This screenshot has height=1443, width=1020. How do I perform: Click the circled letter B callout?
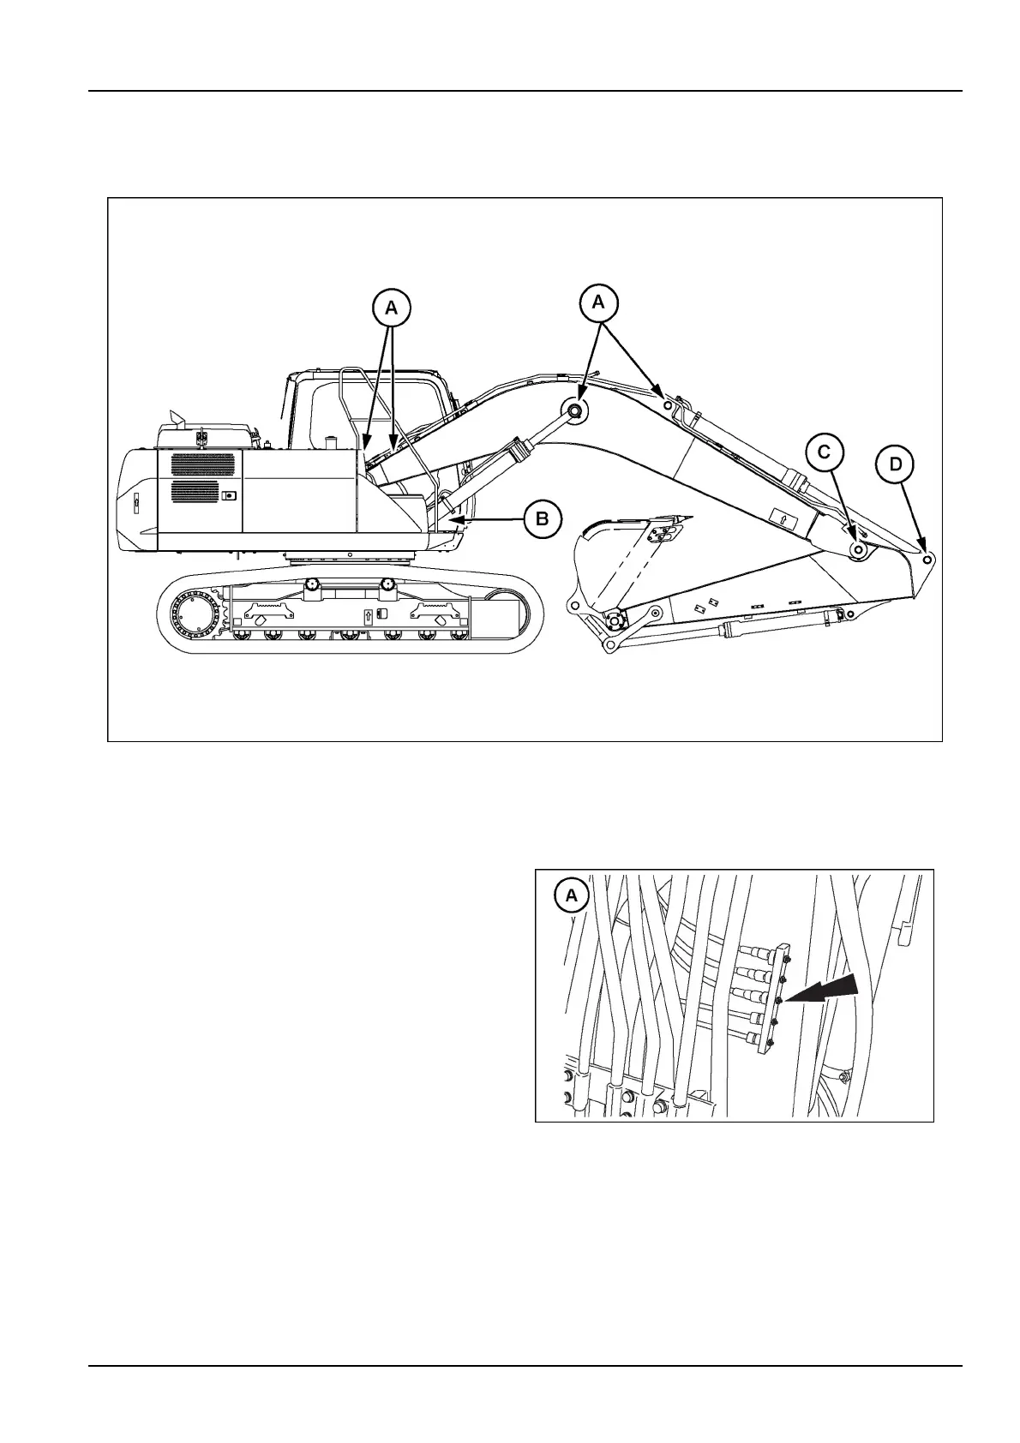pyautogui.click(x=543, y=518)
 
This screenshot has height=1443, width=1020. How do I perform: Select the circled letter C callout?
pyautogui.click(x=825, y=452)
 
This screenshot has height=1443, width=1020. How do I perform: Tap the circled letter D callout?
pyautogui.click(x=895, y=465)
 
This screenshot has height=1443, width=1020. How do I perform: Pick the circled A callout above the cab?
pyautogui.click(x=391, y=307)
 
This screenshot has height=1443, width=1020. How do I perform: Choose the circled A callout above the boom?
pyautogui.click(x=598, y=301)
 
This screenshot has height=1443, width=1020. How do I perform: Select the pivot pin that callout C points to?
pyautogui.click(x=857, y=549)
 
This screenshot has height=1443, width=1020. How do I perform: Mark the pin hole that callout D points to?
pyautogui.click(x=927, y=558)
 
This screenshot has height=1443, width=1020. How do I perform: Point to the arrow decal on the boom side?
pyautogui.click(x=783, y=518)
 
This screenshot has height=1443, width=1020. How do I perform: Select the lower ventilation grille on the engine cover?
pyautogui.click(x=195, y=492)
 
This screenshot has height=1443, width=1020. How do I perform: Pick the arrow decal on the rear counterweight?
pyautogui.click(x=136, y=505)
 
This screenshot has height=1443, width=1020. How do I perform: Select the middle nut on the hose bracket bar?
pyautogui.click(x=777, y=999)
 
